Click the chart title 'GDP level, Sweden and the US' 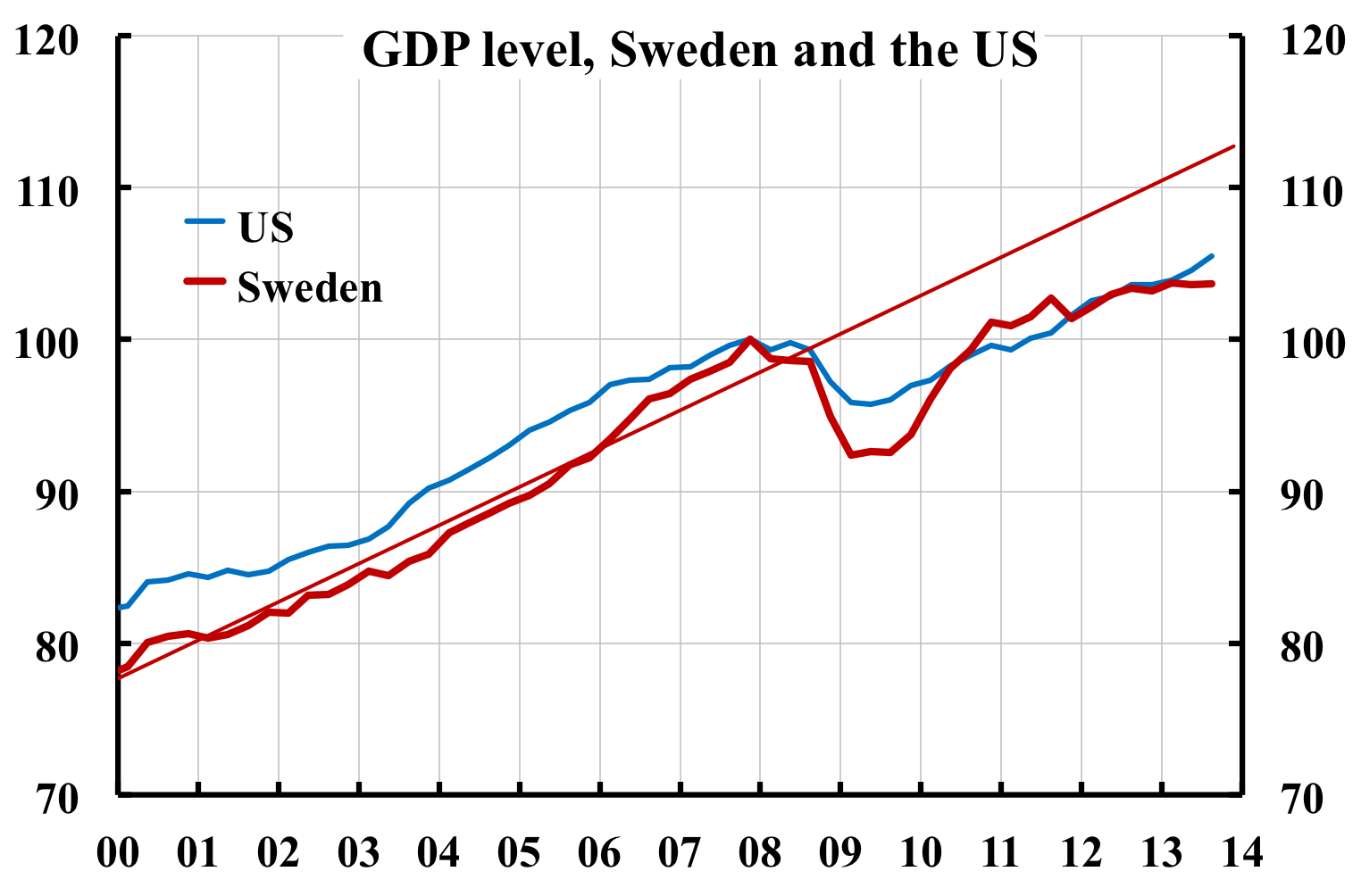coord(699,50)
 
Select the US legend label coord(266,228)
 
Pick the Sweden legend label coord(310,287)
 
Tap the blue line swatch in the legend coord(205,220)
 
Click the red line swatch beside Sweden coord(205,281)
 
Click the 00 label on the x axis coord(118,852)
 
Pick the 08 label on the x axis coord(760,852)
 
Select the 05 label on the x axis coord(519,852)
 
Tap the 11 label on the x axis coord(1001,852)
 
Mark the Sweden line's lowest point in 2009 coord(851,455)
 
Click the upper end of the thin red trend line coord(1233,145)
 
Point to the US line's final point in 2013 coord(1211,256)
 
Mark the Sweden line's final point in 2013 coord(1212,283)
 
